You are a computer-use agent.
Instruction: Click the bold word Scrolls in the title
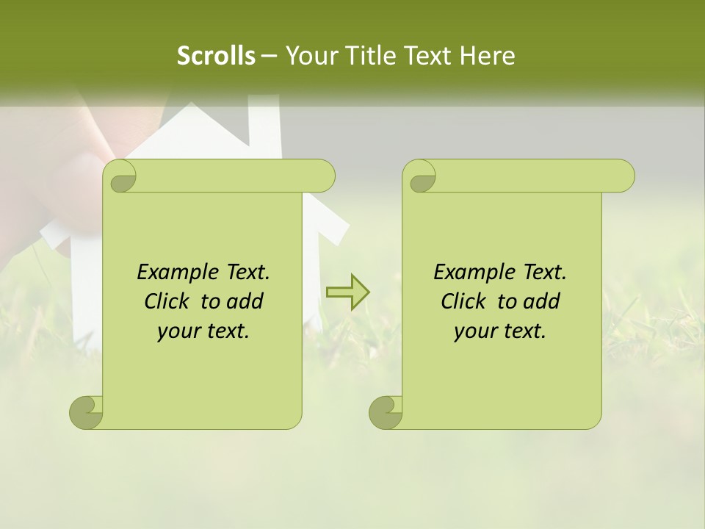217,56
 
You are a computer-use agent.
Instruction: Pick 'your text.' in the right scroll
500,331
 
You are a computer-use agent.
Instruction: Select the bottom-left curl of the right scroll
386,412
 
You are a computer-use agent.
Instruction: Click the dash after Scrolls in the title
270,56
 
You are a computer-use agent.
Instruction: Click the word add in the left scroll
245,301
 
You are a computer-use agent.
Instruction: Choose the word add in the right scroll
542,301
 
